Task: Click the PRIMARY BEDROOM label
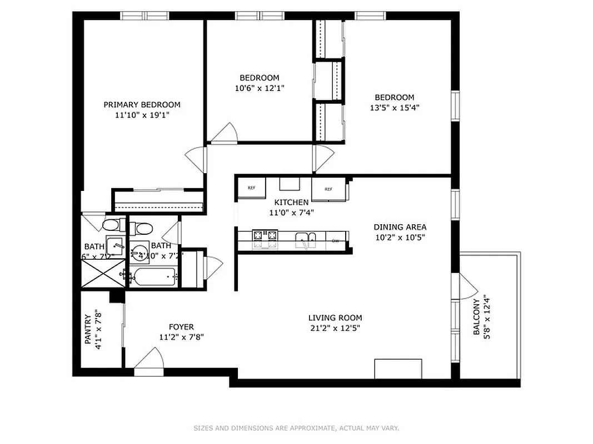(x=142, y=104)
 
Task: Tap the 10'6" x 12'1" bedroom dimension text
(x=259, y=88)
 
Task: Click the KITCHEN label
(x=291, y=203)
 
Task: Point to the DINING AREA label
(x=400, y=226)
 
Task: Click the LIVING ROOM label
(x=335, y=318)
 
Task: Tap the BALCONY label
(x=476, y=317)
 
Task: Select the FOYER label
(x=181, y=327)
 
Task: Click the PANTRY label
(x=88, y=330)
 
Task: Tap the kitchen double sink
(x=305, y=239)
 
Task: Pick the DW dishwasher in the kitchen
(x=336, y=240)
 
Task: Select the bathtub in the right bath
(x=153, y=275)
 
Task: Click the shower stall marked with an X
(x=102, y=274)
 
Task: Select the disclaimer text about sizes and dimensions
(x=296, y=428)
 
